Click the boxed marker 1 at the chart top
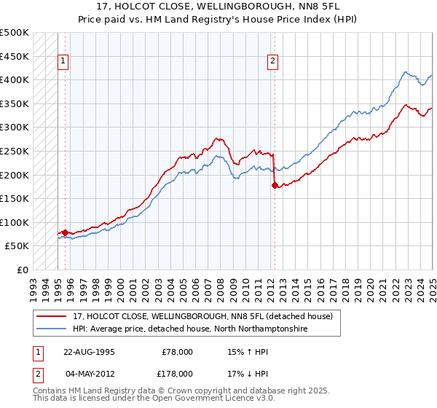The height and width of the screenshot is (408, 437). (64, 61)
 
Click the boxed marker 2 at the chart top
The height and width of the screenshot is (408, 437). (272, 61)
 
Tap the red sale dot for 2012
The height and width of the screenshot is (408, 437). (275, 185)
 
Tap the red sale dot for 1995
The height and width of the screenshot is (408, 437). (65, 232)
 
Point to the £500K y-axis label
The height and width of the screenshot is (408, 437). (14, 33)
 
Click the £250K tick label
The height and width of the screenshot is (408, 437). (14, 151)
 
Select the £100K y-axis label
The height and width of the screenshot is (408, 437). (14, 222)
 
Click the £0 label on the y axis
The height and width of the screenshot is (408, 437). (23, 270)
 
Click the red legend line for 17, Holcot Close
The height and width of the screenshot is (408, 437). (52, 316)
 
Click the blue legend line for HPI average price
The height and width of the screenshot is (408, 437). (52, 329)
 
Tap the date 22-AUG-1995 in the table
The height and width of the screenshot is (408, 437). (89, 351)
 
